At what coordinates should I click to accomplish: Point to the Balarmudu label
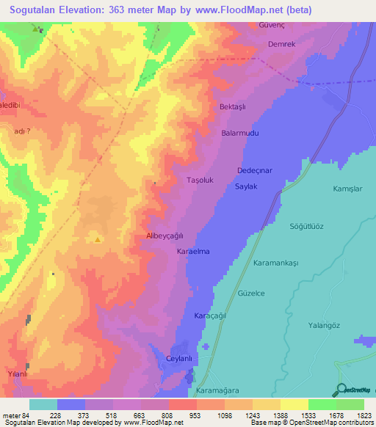(x=240, y=134)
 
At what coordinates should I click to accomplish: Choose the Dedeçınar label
(x=254, y=170)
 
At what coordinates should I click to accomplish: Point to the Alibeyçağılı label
(x=165, y=236)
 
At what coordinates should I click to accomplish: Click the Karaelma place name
(x=194, y=252)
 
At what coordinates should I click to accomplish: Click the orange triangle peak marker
(x=97, y=238)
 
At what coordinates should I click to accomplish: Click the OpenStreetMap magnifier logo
(x=340, y=389)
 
